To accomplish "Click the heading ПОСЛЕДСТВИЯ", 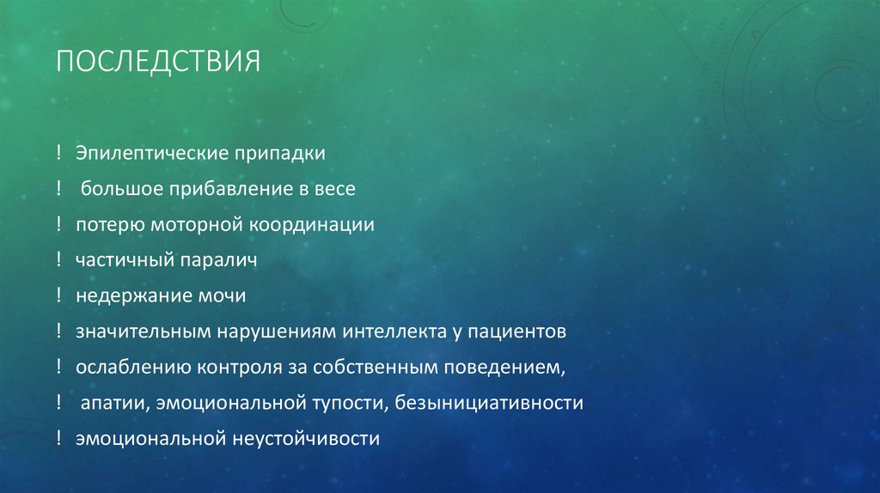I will click(x=157, y=63).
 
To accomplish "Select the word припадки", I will click(x=277, y=153).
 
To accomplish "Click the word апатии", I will click(x=107, y=403).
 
